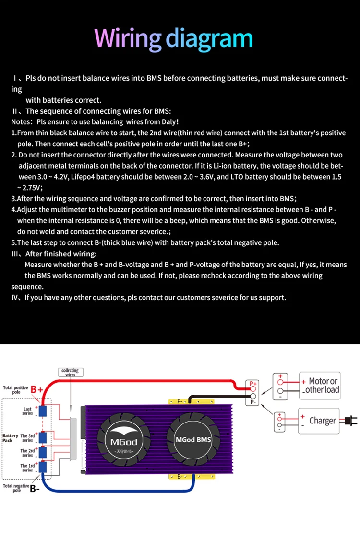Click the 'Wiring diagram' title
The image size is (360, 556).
click(174, 38)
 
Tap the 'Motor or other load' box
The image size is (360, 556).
click(319, 385)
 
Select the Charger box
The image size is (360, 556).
click(319, 421)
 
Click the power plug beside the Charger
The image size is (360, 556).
click(349, 421)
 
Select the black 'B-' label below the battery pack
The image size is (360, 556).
click(35, 489)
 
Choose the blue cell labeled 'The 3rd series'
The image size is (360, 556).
click(43, 437)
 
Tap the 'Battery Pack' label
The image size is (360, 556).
click(10, 438)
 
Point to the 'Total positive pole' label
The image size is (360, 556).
click(15, 389)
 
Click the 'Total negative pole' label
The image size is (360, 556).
click(16, 488)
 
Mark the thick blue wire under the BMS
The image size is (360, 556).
click(120, 490)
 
